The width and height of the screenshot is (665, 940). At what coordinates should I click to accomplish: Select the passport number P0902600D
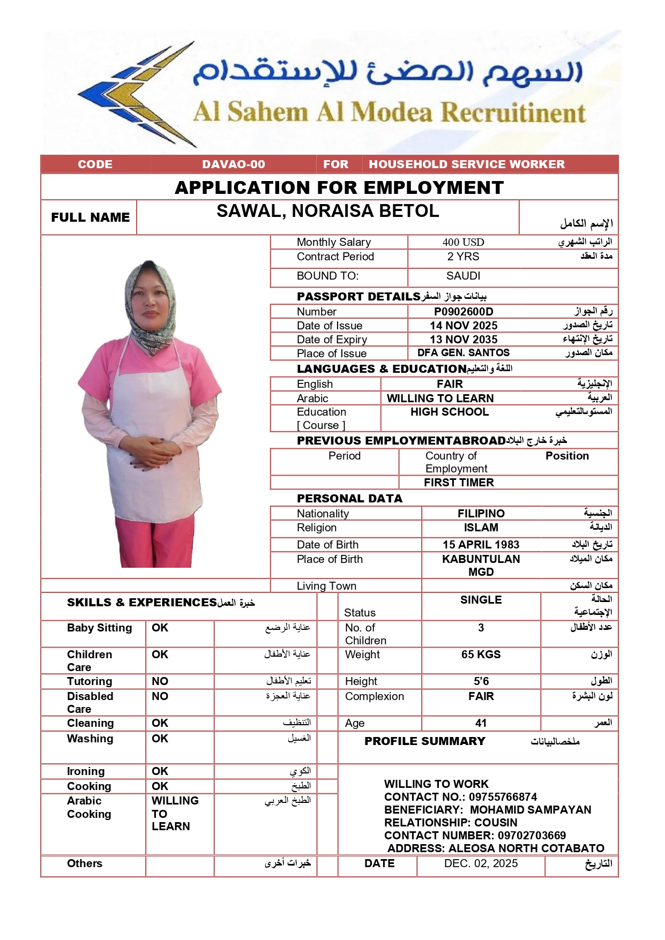tap(464, 312)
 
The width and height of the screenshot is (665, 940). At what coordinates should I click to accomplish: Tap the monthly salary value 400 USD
tap(463, 242)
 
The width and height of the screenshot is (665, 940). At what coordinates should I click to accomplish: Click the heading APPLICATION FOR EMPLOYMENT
tap(339, 187)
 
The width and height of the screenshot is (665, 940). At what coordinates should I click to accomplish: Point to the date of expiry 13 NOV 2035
tap(464, 340)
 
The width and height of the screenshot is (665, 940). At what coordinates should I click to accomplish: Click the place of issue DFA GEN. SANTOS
tap(464, 353)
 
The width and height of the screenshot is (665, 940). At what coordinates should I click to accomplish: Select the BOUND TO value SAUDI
tap(463, 276)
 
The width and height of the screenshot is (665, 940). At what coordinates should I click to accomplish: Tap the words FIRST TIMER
tap(459, 483)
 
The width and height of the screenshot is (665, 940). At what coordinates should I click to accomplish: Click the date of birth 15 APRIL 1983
tap(481, 545)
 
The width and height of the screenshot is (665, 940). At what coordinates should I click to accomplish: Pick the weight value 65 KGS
tap(481, 655)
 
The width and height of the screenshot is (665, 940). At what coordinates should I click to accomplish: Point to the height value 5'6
tap(481, 681)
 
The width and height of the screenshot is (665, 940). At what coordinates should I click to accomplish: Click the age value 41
tap(481, 723)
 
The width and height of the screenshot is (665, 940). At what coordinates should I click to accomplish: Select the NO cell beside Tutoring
tap(160, 681)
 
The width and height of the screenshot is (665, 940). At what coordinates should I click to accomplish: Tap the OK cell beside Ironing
tap(160, 771)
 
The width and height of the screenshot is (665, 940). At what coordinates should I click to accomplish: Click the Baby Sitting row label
tap(99, 628)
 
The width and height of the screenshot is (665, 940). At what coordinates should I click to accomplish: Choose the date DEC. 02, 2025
tap(481, 863)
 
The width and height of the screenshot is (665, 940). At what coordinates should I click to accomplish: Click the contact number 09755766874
tap(503, 797)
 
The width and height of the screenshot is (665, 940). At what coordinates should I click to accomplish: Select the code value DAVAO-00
tap(234, 164)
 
